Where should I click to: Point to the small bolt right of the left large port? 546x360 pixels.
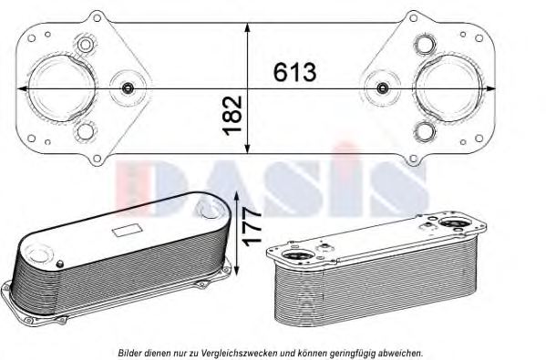click(x=128, y=88)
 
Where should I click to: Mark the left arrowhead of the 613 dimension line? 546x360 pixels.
click(x=34, y=88)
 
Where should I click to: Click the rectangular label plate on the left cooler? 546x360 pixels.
click(x=127, y=231)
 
